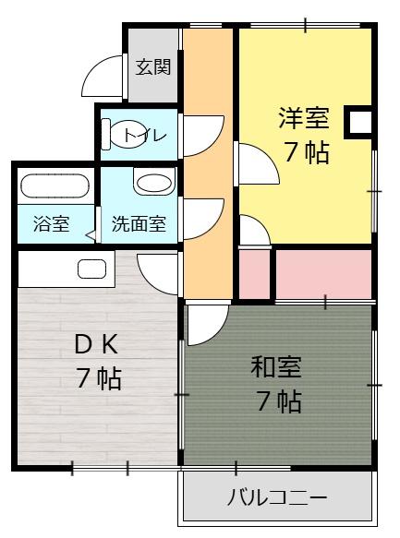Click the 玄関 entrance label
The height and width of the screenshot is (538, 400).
pos(152,66)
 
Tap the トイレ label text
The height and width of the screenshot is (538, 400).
pos(146,136)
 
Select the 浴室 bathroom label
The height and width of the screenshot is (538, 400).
pos(51,223)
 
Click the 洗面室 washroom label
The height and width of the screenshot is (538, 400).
pos(139,223)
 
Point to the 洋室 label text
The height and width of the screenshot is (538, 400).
pos(304,118)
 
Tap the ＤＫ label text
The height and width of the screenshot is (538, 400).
pos(96,343)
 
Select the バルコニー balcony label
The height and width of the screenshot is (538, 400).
pos(277,498)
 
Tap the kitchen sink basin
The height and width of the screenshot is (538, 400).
pos(91,269)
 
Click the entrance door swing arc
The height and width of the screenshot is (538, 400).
pos(103,77)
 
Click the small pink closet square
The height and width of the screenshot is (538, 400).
pos(255,274)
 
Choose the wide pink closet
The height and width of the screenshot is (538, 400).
pos(323,272)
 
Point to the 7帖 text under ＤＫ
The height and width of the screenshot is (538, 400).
pos(99,378)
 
